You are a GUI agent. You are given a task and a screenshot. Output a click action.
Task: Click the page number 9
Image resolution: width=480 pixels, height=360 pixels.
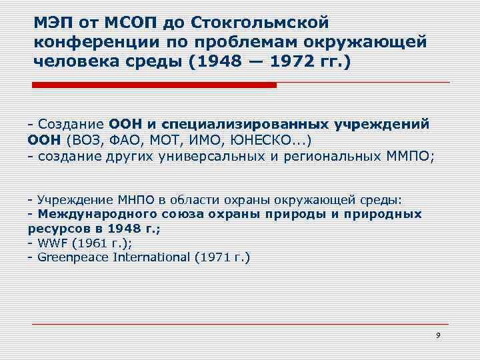tap(438, 335)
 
